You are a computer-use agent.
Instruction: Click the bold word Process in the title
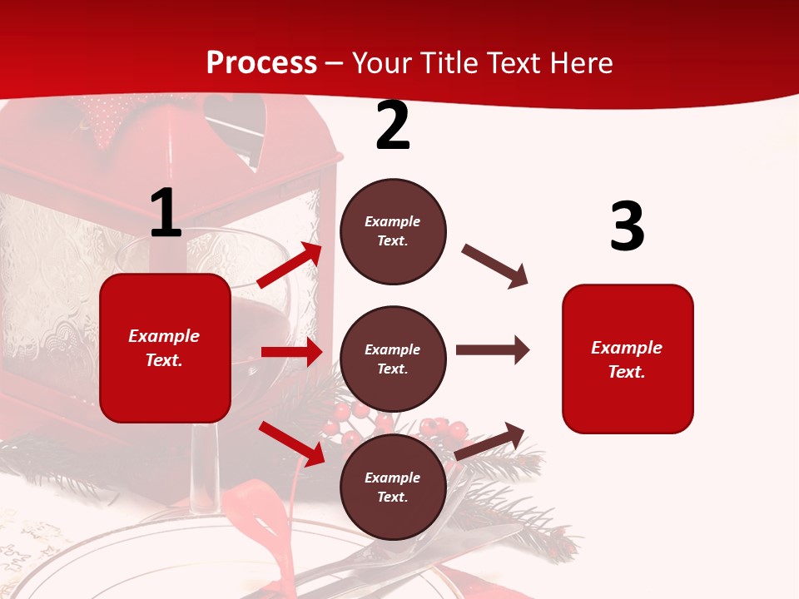261,63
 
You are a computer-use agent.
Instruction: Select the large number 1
166,214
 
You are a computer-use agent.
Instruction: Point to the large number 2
393,126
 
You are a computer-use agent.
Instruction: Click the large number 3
627,226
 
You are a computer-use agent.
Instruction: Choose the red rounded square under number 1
165,348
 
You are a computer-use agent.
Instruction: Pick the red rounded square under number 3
628,359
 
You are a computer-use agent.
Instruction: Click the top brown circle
393,231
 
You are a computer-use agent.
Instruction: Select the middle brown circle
393,359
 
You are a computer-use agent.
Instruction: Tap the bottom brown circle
393,487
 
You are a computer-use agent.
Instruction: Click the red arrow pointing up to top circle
290,265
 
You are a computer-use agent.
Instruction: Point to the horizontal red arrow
291,352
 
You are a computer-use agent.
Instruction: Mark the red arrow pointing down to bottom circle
292,443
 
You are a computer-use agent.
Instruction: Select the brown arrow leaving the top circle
495,266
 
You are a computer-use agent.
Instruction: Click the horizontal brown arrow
493,349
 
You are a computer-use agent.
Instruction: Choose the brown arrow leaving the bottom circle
490,441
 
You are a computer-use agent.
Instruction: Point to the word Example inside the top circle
393,222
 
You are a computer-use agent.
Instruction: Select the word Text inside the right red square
626,372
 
